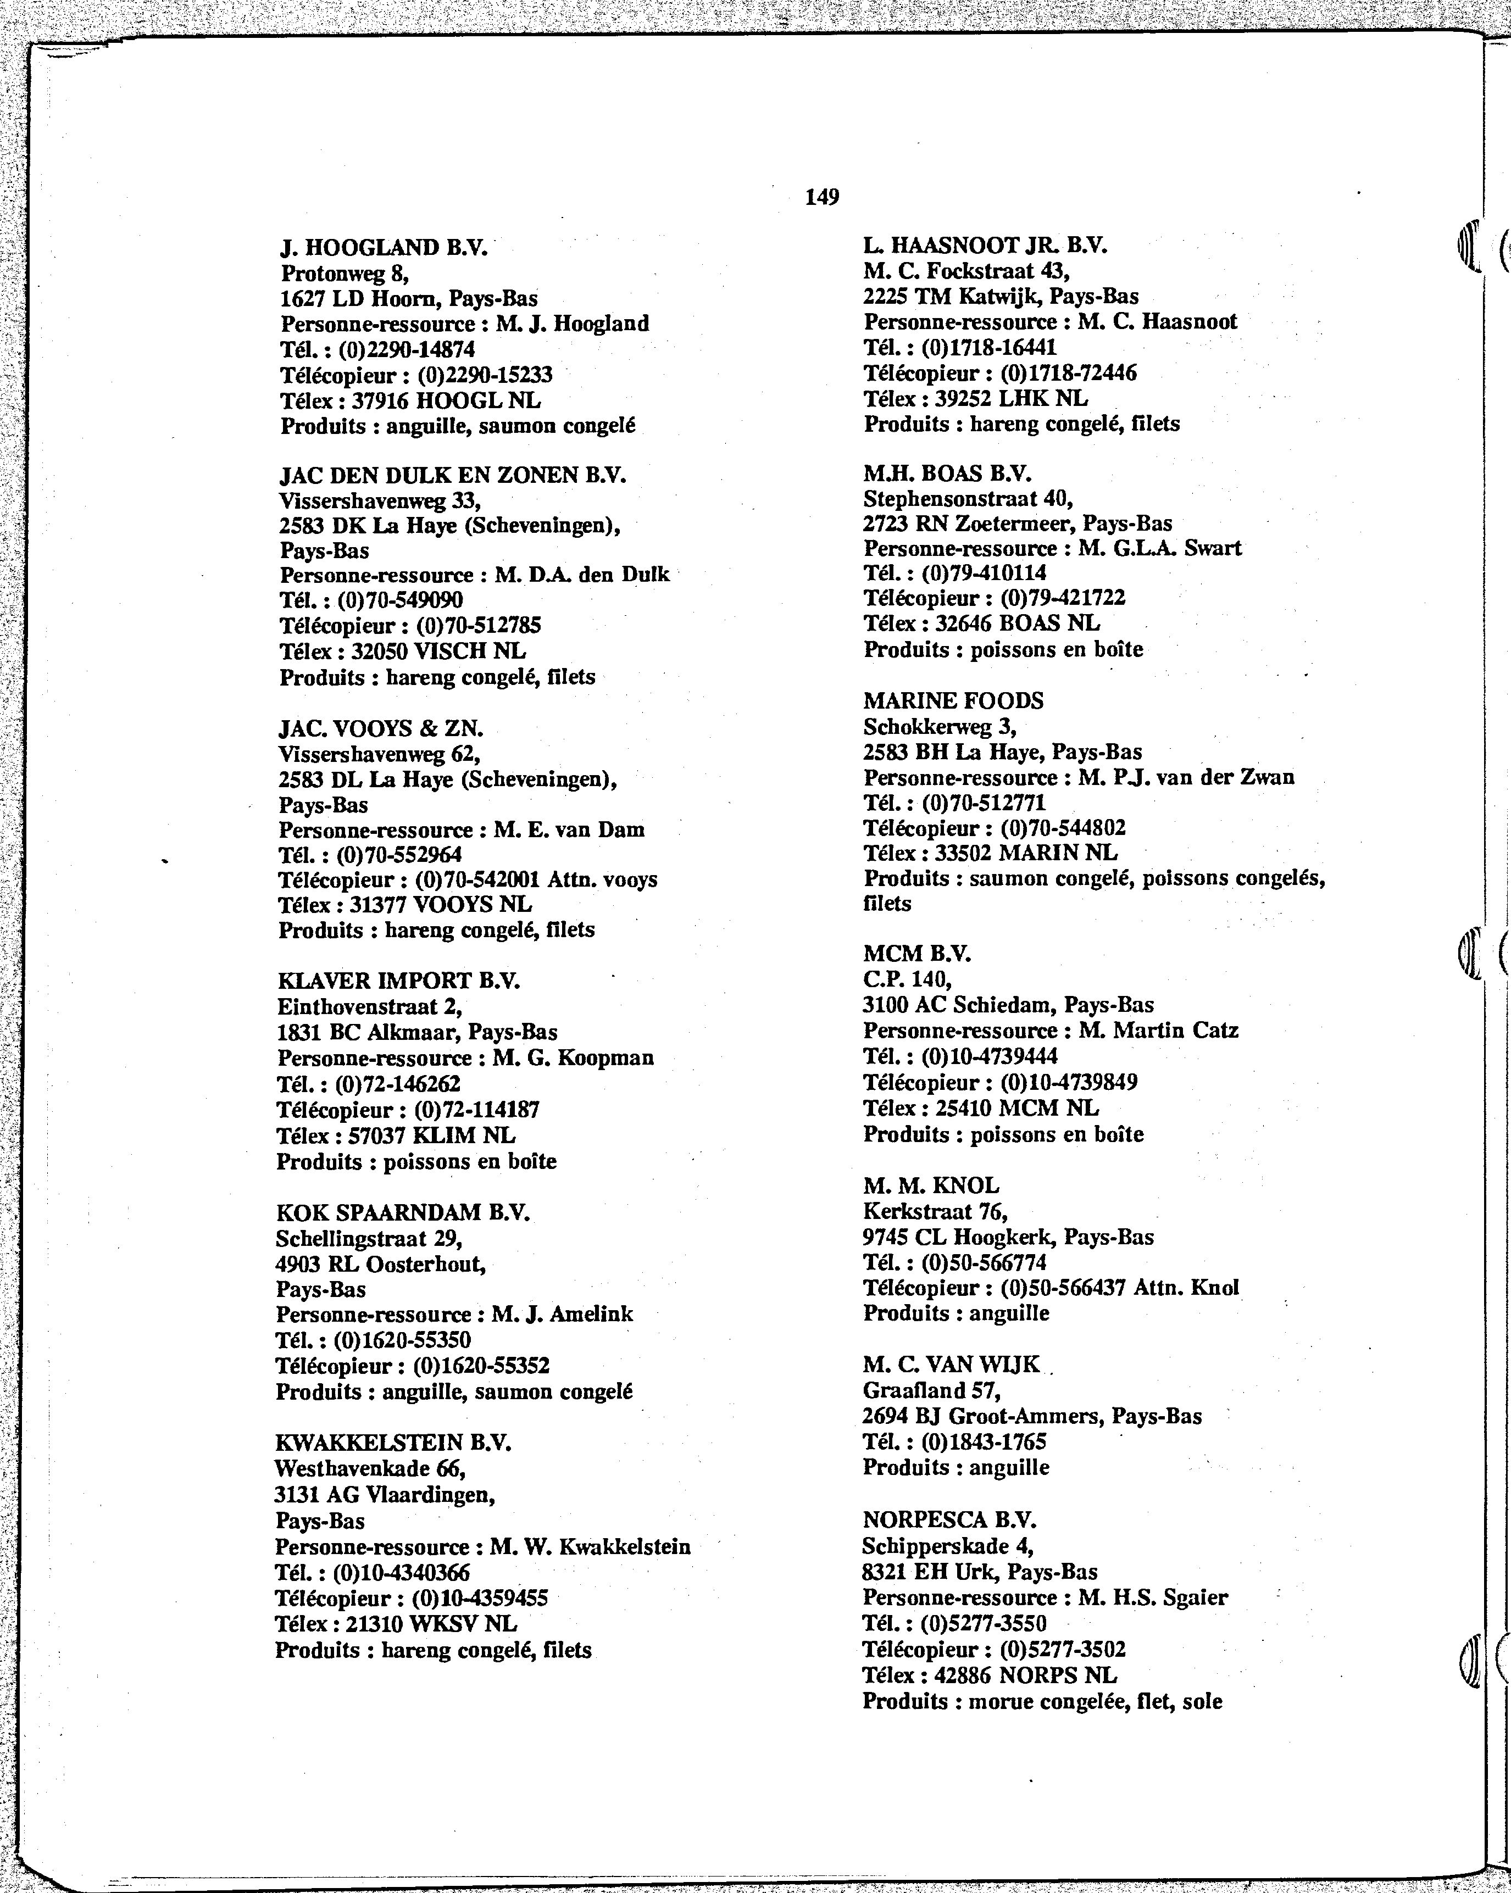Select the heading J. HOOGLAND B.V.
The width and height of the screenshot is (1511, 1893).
(x=383, y=248)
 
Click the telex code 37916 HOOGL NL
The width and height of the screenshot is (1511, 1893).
(x=446, y=401)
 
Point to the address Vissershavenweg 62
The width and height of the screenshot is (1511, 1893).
(x=379, y=754)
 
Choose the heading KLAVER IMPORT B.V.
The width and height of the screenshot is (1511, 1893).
(x=398, y=981)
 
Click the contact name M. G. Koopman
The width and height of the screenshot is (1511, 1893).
(x=573, y=1058)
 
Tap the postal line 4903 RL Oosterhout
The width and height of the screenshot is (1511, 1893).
(x=380, y=1265)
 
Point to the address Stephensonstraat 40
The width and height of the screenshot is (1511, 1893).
(x=968, y=499)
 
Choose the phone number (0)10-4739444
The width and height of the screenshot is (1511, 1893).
(x=990, y=1056)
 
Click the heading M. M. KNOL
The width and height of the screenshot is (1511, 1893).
(x=931, y=1186)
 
